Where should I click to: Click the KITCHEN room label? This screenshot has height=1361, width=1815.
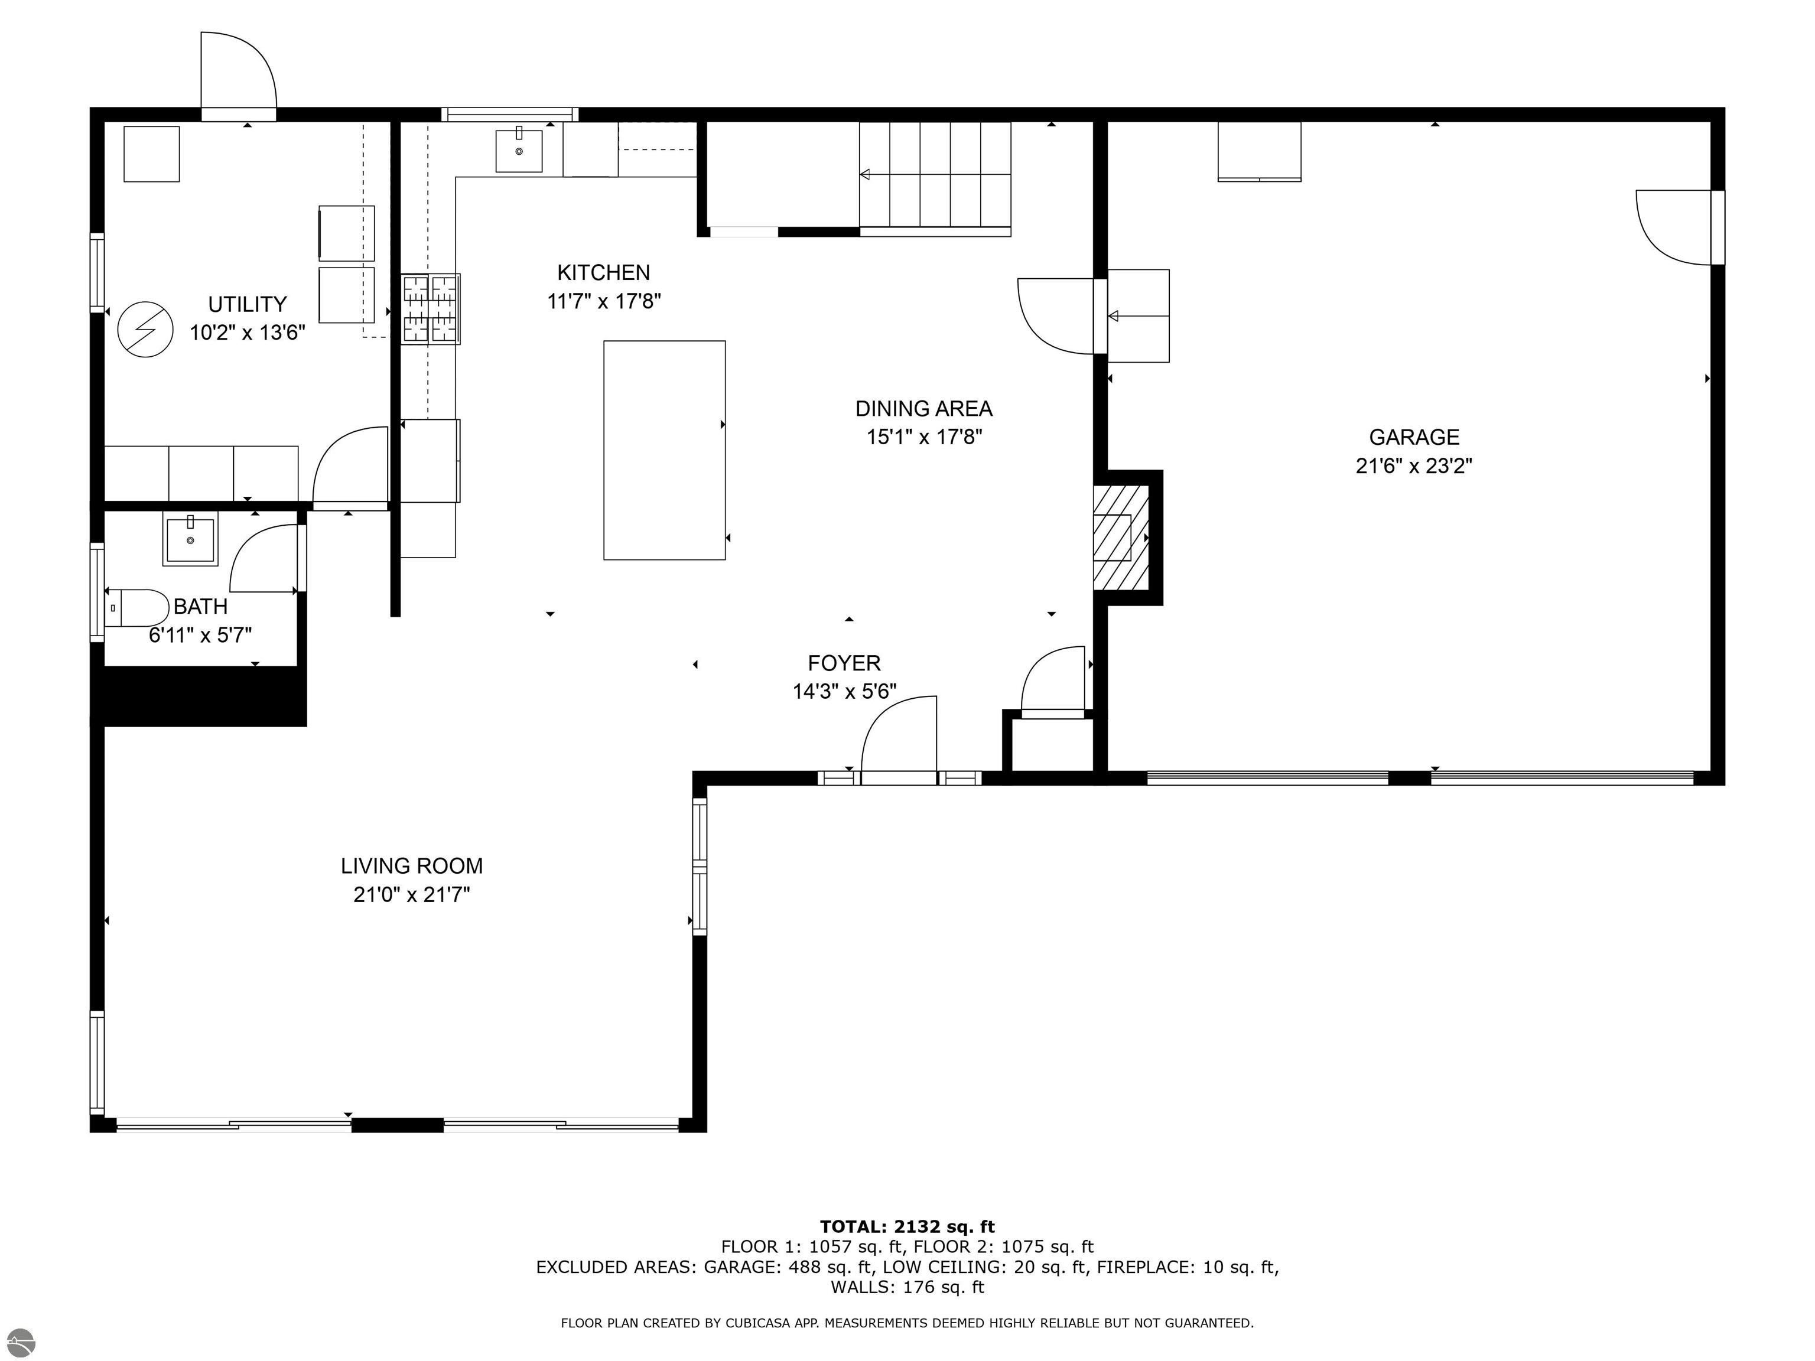tap(603, 272)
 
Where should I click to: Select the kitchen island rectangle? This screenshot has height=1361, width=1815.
tap(664, 450)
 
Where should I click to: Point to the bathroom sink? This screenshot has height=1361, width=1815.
tap(190, 538)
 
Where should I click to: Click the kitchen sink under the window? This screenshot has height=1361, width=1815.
tap(519, 150)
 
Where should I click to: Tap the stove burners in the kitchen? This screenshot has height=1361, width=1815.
tap(430, 308)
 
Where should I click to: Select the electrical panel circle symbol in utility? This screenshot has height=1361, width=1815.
tap(145, 329)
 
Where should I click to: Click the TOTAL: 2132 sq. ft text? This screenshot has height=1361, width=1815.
tap(907, 1226)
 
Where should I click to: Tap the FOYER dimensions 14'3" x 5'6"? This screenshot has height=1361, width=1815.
tap(844, 692)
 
